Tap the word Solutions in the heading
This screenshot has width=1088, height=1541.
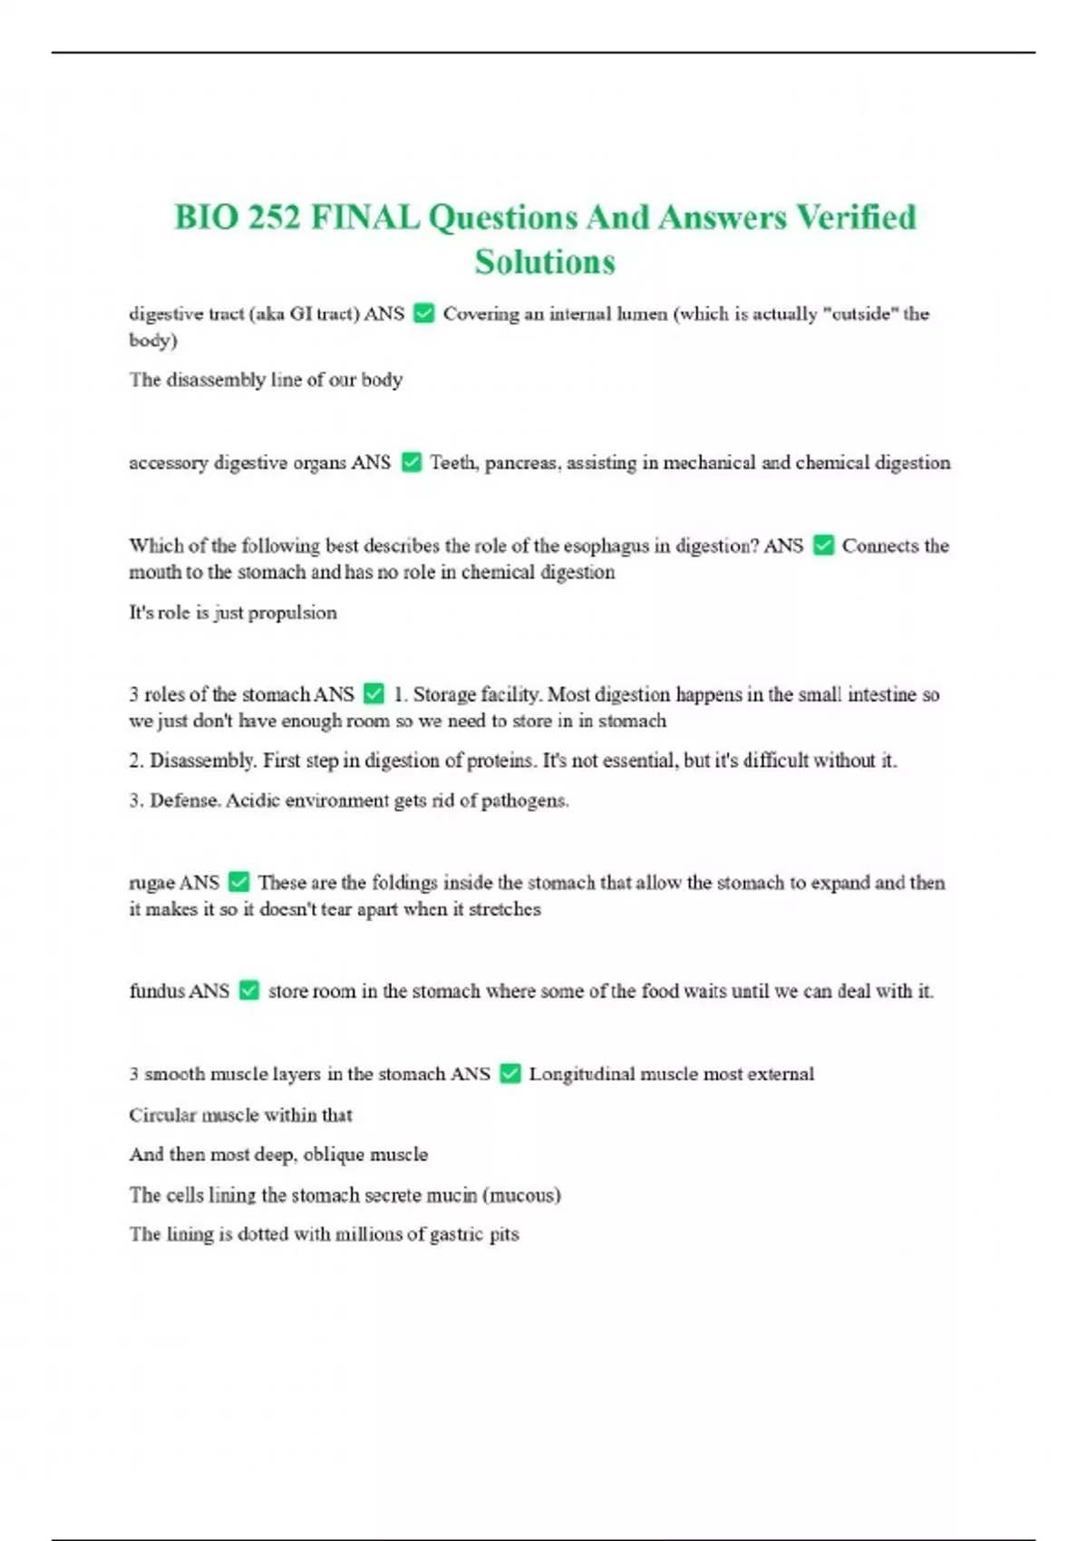(545, 262)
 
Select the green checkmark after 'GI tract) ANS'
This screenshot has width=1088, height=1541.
(423, 314)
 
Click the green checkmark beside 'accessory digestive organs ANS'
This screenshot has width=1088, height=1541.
(411, 462)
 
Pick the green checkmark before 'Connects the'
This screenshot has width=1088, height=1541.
(823, 546)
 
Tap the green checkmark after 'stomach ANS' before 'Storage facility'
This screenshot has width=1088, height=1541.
(374, 694)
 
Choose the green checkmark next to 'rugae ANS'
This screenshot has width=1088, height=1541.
(238, 882)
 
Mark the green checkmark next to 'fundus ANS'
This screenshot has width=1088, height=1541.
(249, 991)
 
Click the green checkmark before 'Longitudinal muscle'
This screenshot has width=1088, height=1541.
(510, 1074)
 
